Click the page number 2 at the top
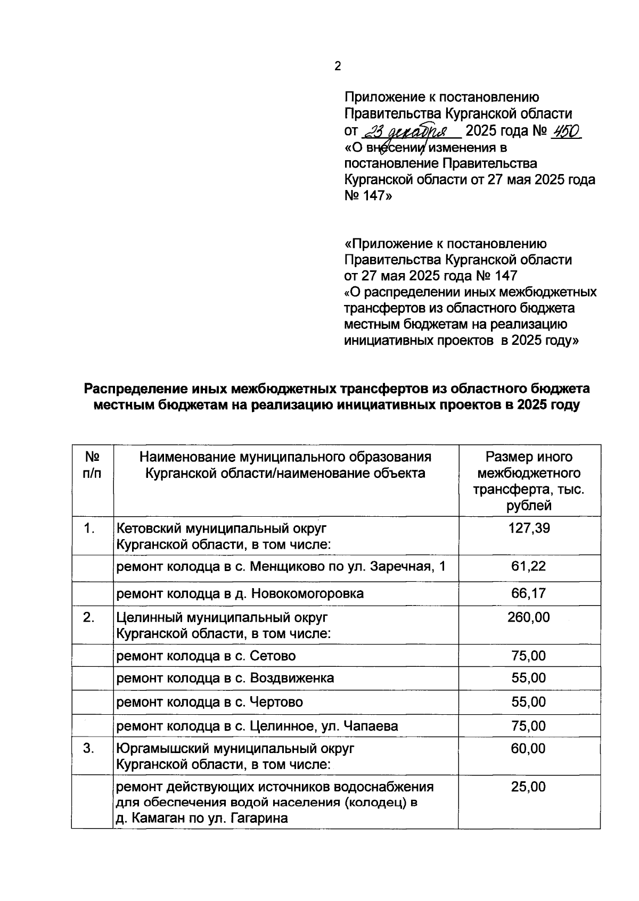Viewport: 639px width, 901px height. point(337,67)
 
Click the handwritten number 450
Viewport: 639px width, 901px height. point(566,131)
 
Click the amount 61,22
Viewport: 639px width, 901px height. point(529,566)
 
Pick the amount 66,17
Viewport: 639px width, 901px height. point(529,593)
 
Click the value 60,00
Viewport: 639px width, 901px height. point(529,748)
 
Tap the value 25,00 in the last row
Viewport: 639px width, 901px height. point(529,787)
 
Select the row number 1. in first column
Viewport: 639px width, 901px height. point(89,528)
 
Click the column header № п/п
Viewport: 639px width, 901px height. point(93,465)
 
